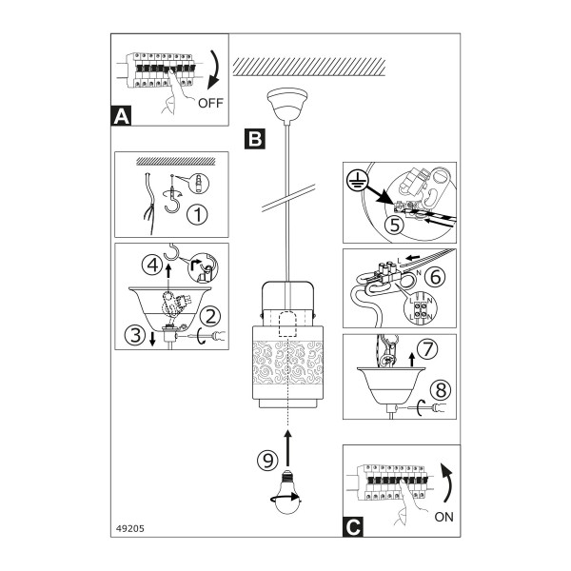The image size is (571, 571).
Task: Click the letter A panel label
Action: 121,116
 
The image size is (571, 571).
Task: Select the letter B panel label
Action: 254,139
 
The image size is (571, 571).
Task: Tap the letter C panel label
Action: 353,526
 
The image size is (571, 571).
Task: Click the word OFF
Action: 210,103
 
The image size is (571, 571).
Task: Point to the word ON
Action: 443,517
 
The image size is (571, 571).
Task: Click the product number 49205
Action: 130,528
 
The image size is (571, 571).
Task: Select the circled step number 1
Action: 197,214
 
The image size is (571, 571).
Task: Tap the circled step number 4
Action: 152,265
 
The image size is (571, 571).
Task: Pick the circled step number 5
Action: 395,225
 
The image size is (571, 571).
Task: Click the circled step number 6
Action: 435,277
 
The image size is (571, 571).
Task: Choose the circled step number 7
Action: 427,349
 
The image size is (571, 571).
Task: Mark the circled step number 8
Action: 441,390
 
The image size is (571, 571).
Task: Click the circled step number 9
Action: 268,461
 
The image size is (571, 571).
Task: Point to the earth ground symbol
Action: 357,181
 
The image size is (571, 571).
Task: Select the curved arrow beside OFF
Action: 214,69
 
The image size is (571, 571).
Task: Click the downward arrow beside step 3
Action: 152,338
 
